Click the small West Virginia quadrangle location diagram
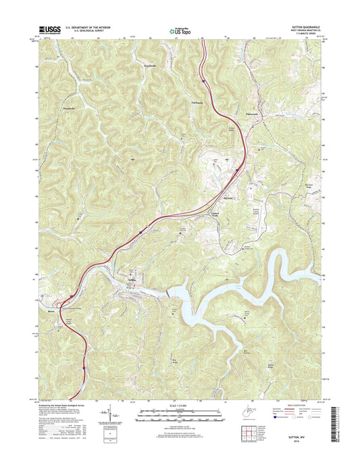coord(232,409)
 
